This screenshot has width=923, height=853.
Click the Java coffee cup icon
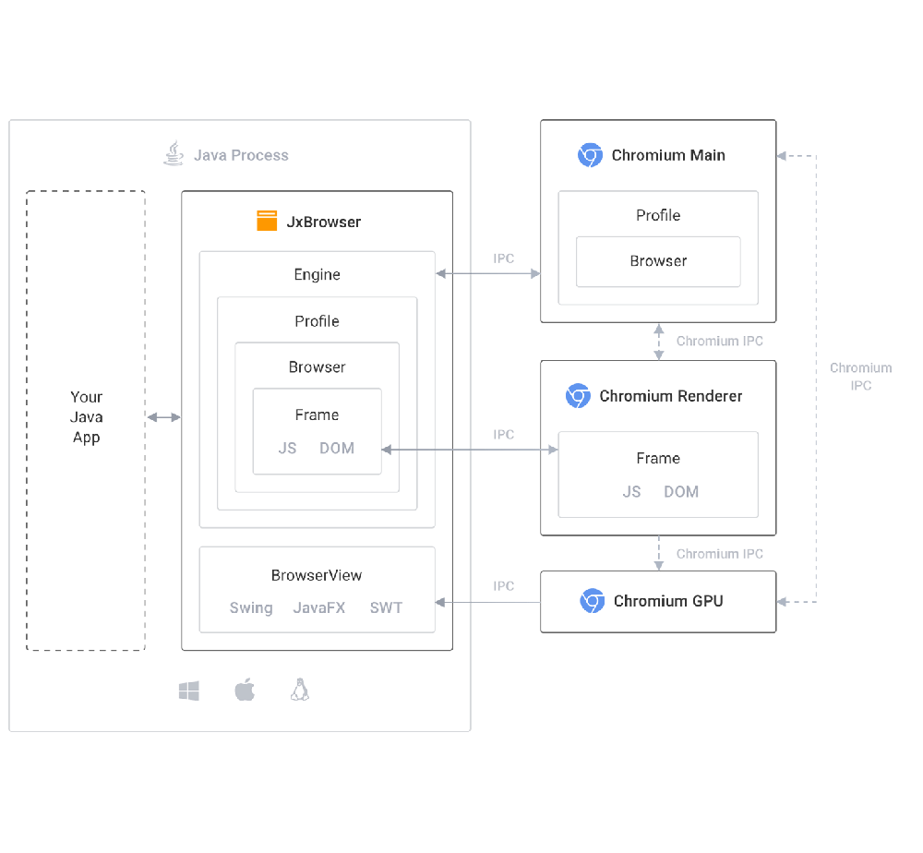pyautogui.click(x=173, y=154)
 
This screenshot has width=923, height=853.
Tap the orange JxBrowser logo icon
pyautogui.click(x=267, y=222)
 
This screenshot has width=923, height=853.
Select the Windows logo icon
pyautogui.click(x=189, y=691)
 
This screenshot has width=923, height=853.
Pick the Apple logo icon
pyautogui.click(x=245, y=690)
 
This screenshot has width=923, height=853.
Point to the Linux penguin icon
pyautogui.click(x=299, y=690)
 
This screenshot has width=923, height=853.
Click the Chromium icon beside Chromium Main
pyautogui.click(x=590, y=155)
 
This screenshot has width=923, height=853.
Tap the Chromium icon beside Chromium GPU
pyautogui.click(x=592, y=601)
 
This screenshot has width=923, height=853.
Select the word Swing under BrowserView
pyautogui.click(x=251, y=607)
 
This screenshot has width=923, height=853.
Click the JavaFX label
pyautogui.click(x=319, y=607)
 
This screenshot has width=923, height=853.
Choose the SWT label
pyautogui.click(x=386, y=607)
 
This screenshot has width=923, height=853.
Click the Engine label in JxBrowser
pyautogui.click(x=317, y=274)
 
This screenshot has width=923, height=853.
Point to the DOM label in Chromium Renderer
pyautogui.click(x=681, y=491)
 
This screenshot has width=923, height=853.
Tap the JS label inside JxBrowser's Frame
pyautogui.click(x=288, y=449)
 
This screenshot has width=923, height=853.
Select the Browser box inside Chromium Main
pyautogui.click(x=658, y=261)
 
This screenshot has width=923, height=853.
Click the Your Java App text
pyautogui.click(x=86, y=417)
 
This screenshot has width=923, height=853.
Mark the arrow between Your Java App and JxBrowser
pyautogui.click(x=164, y=418)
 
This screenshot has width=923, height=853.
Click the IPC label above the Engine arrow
pyautogui.click(x=503, y=258)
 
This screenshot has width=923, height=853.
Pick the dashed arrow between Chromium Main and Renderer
pyautogui.click(x=658, y=341)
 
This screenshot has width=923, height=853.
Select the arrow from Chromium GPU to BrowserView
pyautogui.click(x=487, y=603)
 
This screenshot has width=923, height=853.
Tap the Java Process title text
pyautogui.click(x=241, y=155)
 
